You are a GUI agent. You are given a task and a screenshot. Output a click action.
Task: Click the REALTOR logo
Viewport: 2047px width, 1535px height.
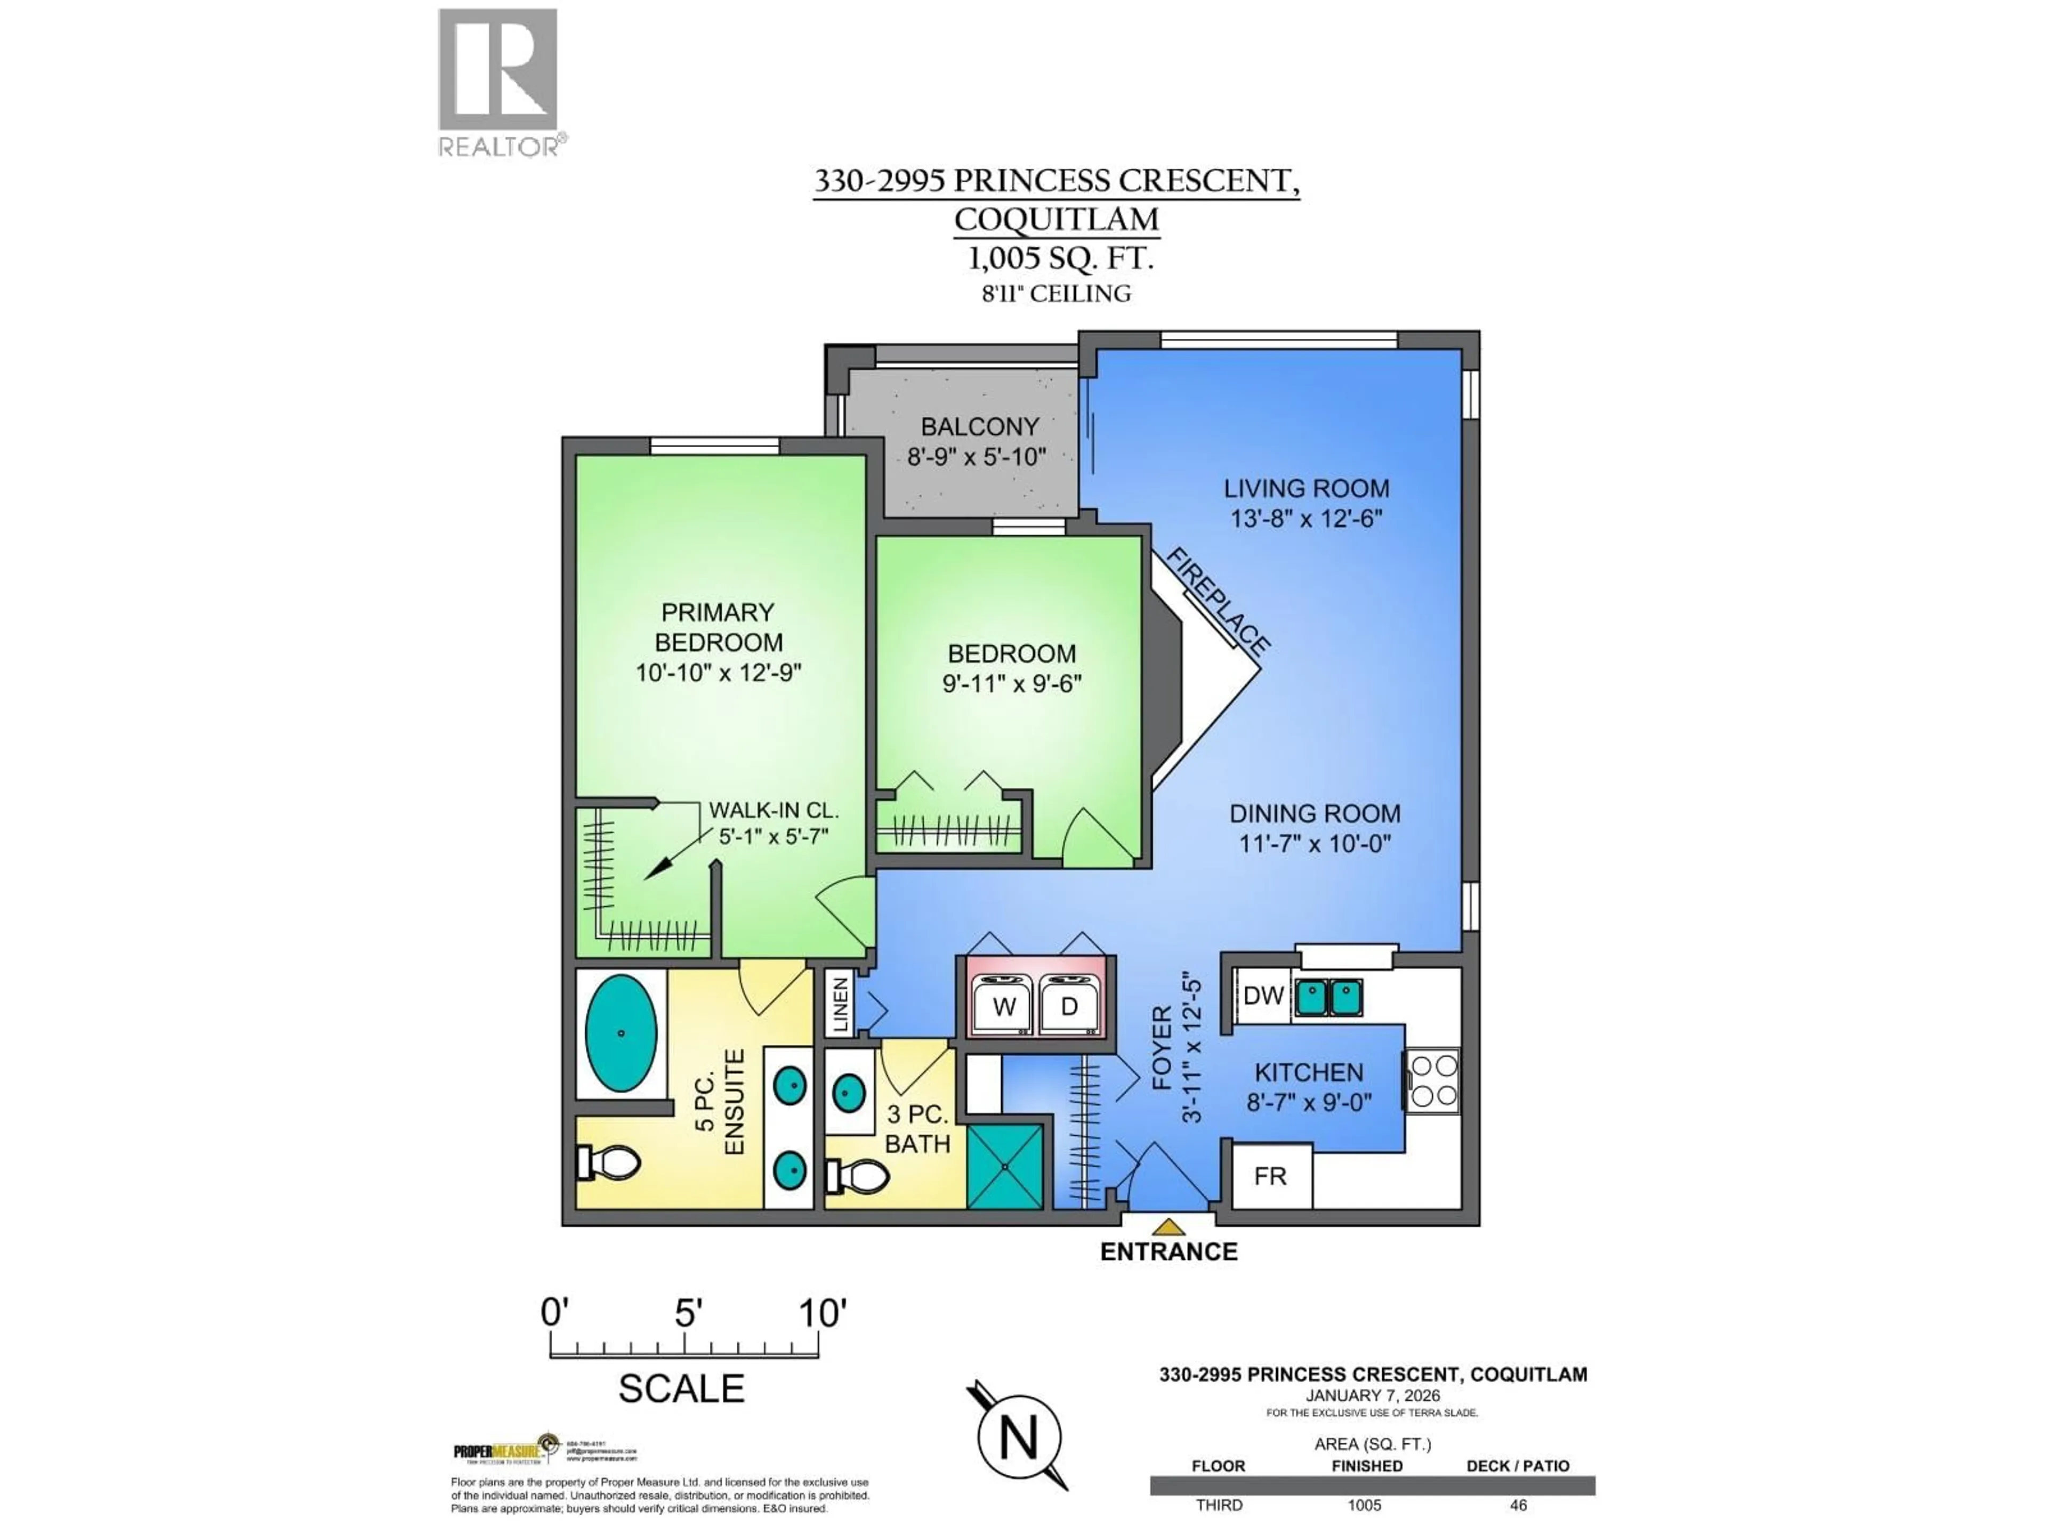498,82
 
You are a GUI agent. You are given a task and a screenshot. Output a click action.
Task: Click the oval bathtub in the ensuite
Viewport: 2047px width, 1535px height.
621,1032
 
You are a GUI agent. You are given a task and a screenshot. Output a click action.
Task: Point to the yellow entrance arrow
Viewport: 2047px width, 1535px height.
1169,1227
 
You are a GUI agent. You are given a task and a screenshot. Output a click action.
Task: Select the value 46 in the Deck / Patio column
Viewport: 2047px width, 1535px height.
1518,1505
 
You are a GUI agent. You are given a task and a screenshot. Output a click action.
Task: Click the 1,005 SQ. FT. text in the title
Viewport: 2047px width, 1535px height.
1060,258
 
